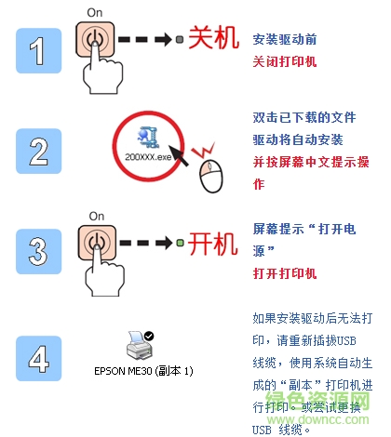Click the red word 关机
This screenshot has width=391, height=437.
213,41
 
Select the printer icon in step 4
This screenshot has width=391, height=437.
142,345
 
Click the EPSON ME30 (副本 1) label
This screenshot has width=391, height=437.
143,371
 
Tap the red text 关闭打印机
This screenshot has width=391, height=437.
285,61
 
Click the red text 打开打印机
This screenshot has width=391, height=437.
285,274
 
